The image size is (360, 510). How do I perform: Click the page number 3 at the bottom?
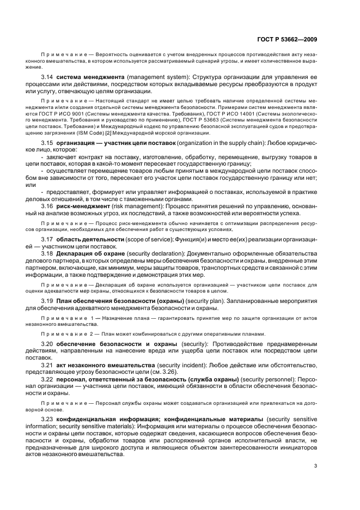click(316, 465)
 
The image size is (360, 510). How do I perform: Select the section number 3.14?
click(47, 77)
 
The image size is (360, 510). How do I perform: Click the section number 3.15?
click(47, 142)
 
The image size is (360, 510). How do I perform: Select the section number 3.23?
click(47, 417)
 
